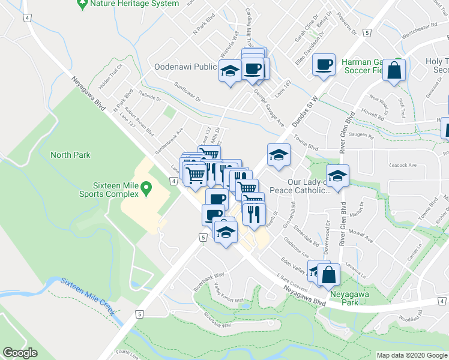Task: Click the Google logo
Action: point(20,353)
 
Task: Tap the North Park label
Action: point(70,155)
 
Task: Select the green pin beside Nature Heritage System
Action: point(83,4)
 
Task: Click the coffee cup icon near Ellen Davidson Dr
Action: point(324,65)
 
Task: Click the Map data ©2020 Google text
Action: point(412,355)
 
